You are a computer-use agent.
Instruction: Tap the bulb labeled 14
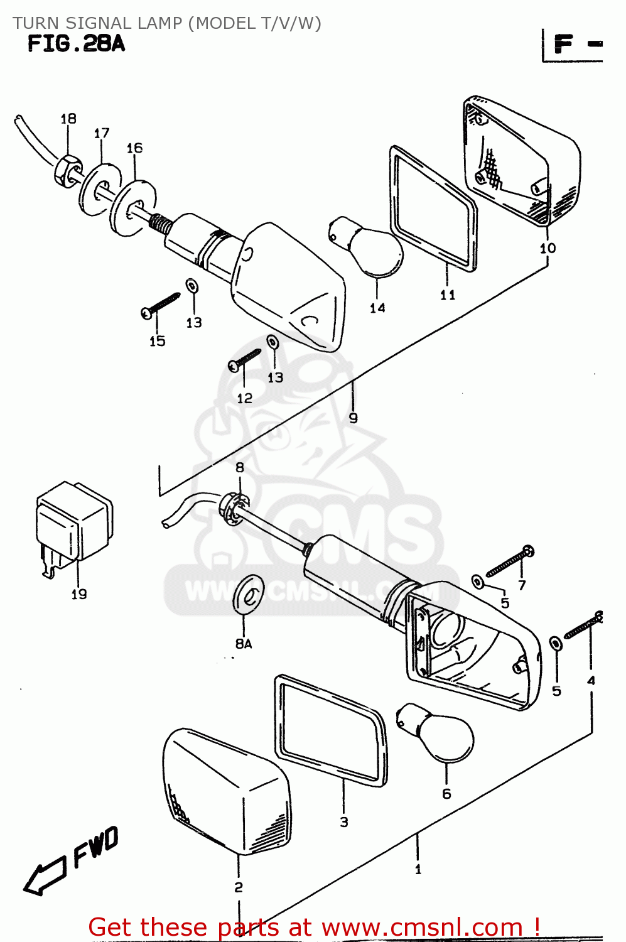370,248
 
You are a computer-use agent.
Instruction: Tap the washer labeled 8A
249,593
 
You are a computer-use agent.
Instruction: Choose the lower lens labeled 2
226,791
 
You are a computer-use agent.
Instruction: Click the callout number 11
447,295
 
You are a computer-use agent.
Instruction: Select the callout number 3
343,821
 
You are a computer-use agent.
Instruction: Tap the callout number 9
353,418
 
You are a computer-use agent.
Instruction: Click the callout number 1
418,869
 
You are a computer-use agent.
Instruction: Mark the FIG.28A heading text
76,44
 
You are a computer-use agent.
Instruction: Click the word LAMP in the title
156,23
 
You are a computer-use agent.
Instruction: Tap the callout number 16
134,148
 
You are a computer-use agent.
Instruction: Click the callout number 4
590,680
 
